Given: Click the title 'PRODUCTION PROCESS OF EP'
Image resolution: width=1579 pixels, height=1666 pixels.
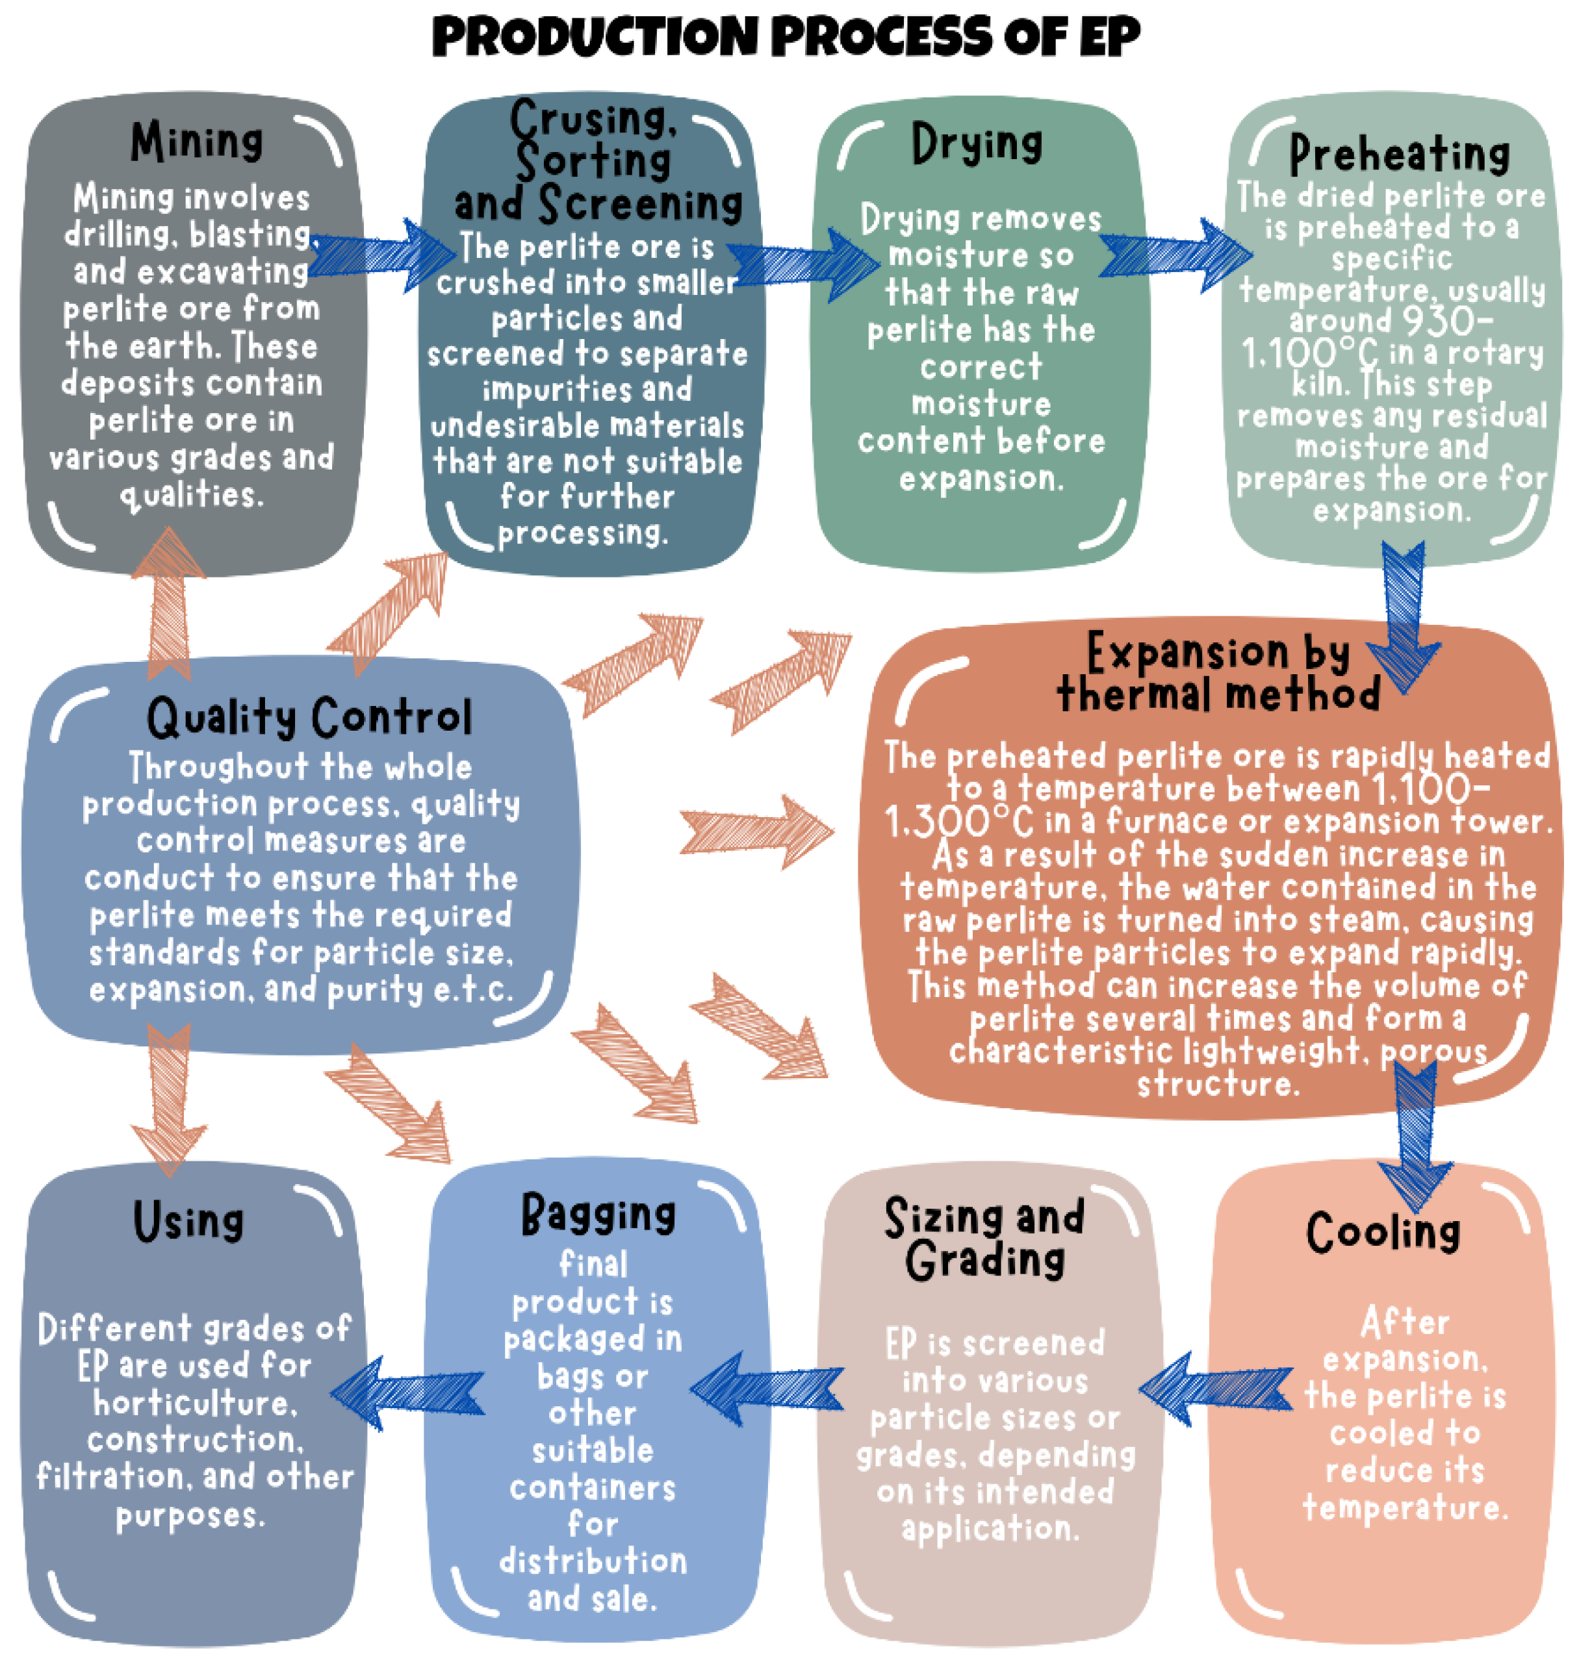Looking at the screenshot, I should [786, 38].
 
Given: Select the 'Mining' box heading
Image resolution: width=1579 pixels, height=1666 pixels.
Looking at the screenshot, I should [196, 142].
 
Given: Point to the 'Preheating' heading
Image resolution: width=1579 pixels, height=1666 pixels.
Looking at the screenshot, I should [1399, 155].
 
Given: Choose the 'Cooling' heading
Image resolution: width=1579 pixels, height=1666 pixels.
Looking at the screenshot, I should [1383, 1233].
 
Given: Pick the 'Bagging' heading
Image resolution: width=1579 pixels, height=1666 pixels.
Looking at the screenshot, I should [598, 1215].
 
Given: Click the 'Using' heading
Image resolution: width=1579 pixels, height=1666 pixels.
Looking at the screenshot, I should [188, 1222].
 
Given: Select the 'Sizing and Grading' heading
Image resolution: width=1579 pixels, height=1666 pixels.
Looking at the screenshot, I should [985, 1239].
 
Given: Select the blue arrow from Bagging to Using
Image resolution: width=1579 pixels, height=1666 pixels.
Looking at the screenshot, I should [407, 1393].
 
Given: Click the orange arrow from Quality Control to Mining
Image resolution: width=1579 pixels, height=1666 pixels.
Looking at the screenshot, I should [169, 601].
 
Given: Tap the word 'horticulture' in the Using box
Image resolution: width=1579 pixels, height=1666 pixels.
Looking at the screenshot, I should [194, 1403].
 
